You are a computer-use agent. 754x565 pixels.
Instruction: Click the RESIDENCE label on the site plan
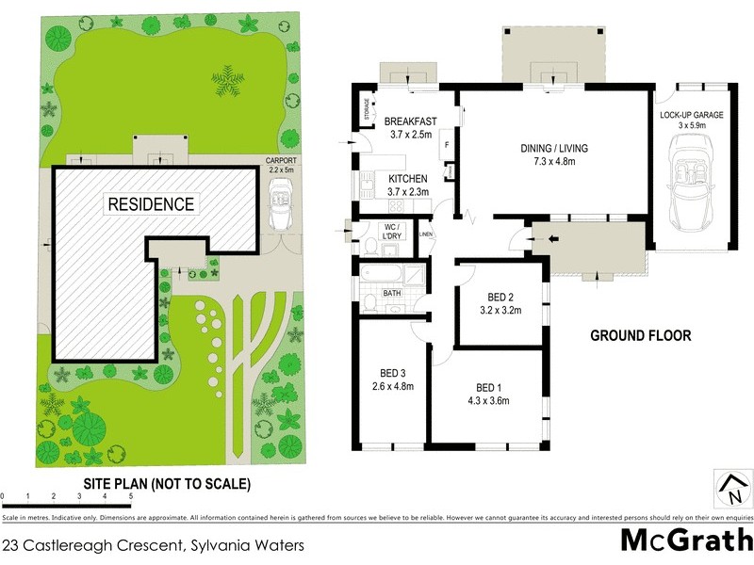coord(151,203)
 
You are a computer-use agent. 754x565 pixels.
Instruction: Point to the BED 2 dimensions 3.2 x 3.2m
coord(501,309)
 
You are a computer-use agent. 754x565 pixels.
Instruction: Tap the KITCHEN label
coord(408,178)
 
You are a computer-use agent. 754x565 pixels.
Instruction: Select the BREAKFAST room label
coord(410,121)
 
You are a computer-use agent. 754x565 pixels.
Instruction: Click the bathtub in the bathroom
coord(379,276)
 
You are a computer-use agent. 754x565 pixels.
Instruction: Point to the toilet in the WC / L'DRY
coord(372,247)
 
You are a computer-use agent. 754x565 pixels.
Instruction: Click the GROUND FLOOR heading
coord(640,335)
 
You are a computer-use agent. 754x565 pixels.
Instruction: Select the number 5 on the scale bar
coord(130,495)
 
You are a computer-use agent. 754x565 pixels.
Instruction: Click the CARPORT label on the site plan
coord(280,161)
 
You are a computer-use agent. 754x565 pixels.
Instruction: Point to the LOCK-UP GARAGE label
coord(691,115)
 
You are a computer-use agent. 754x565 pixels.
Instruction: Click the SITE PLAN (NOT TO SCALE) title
coord(167,484)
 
